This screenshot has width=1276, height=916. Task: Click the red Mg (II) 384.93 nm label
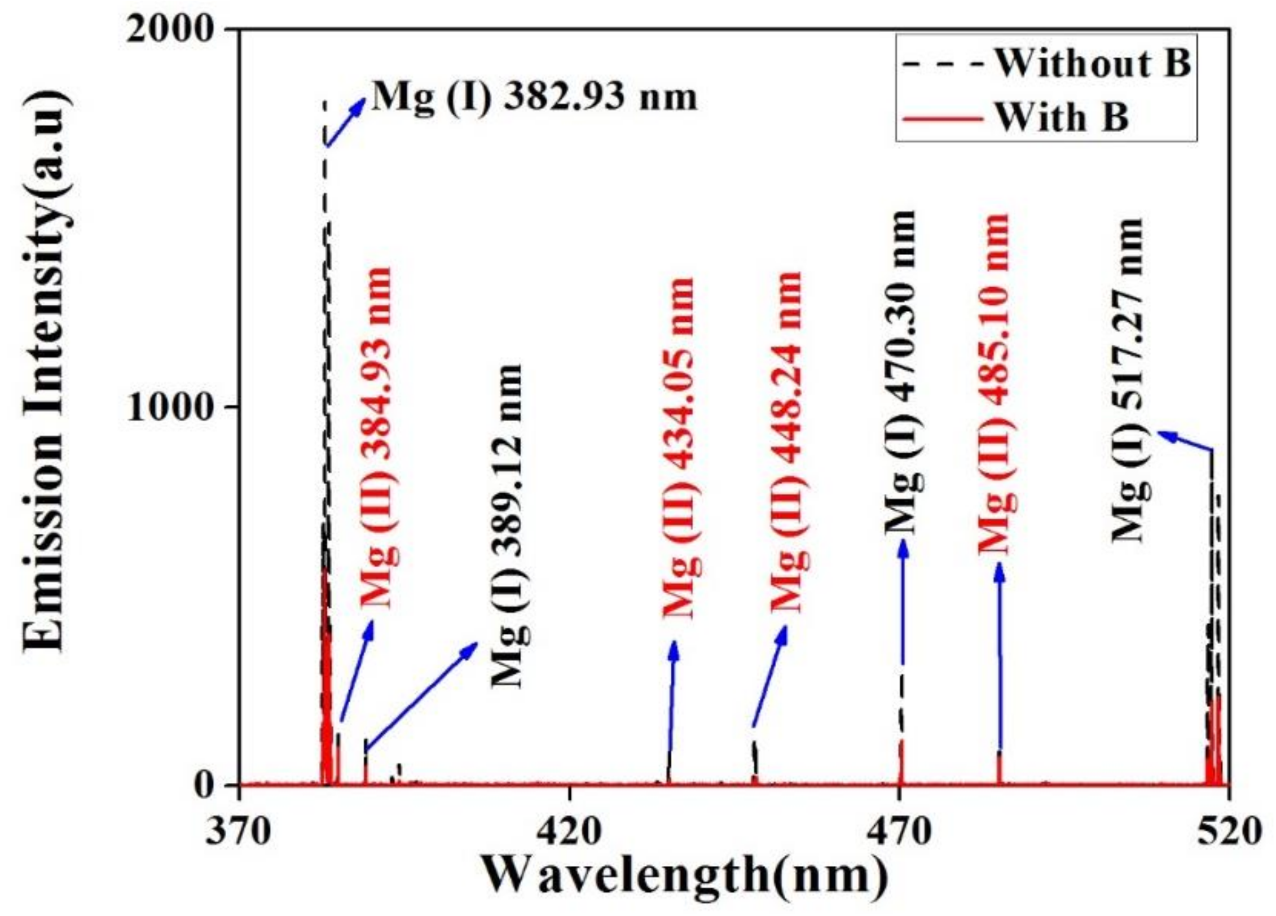pyautogui.click(x=377, y=438)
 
